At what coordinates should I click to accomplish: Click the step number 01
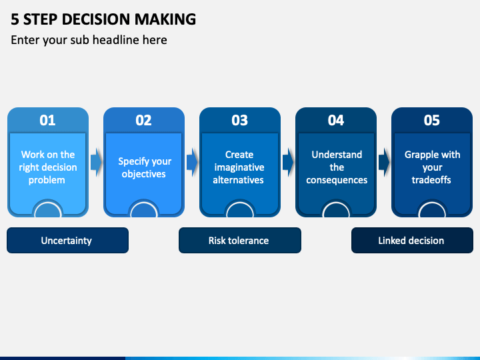tap(47, 120)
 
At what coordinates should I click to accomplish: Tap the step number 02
tap(143, 120)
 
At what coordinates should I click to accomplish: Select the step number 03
tap(240, 120)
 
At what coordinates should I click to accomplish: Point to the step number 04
tap(336, 120)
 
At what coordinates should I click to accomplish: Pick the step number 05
tap(431, 120)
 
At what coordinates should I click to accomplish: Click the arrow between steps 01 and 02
tap(96, 162)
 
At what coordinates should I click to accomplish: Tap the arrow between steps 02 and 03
tap(192, 162)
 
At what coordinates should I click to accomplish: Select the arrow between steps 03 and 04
tap(288, 162)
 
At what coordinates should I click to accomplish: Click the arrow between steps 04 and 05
tap(384, 162)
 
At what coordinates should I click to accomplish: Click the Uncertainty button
tap(67, 240)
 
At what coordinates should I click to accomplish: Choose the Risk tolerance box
tap(240, 240)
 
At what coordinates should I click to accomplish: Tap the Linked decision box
tap(413, 240)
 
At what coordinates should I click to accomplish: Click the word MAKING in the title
tap(165, 19)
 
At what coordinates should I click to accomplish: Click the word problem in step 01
tap(47, 180)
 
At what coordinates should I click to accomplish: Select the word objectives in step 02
tap(143, 174)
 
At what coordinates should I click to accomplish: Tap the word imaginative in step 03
tap(239, 167)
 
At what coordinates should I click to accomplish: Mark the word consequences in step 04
tap(337, 180)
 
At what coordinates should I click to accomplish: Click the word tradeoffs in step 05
tap(431, 180)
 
